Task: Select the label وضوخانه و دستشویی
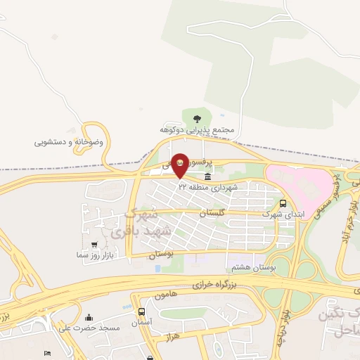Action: [69, 142]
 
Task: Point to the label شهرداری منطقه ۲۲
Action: [209, 188]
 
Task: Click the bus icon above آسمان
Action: [142, 311]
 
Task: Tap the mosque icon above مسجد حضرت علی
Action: [89, 317]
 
